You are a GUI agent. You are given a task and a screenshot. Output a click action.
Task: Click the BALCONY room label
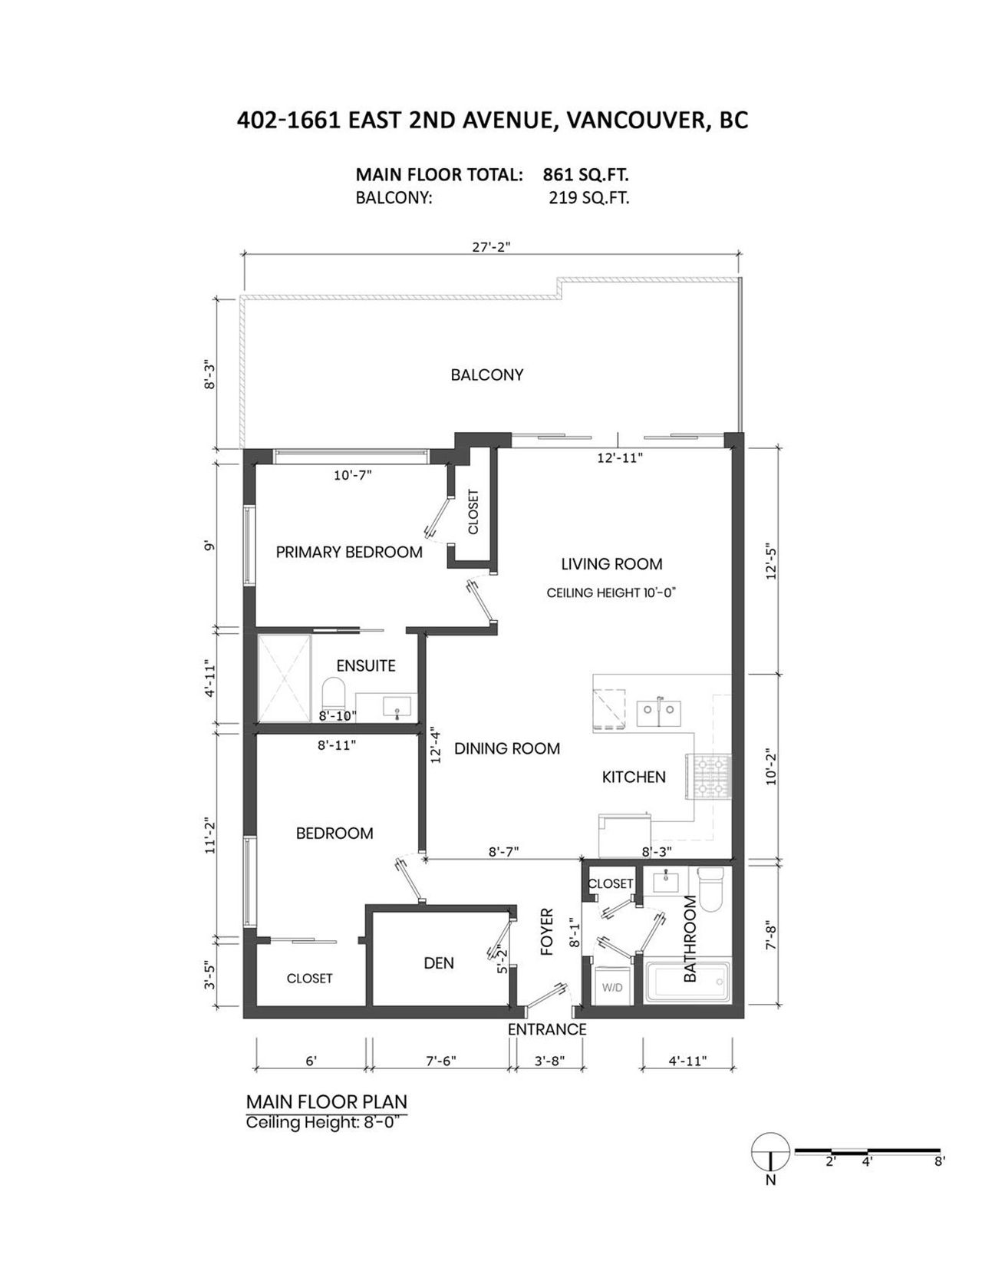[487, 375]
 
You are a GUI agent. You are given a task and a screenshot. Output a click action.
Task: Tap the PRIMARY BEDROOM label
[349, 552]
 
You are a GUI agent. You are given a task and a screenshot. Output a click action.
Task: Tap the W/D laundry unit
[612, 988]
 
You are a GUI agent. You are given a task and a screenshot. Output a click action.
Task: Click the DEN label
[439, 963]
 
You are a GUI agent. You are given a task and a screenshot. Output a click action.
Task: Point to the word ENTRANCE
[547, 1029]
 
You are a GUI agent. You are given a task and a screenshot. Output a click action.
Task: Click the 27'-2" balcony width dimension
[492, 247]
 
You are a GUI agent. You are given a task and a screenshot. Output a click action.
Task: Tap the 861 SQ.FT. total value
[585, 175]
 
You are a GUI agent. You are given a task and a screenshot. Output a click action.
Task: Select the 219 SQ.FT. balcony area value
[588, 198]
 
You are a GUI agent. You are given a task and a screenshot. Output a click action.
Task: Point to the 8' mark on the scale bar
[939, 1161]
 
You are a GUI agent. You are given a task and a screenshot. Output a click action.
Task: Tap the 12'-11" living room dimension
[620, 457]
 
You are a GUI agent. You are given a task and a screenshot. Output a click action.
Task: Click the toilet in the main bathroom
[711, 890]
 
